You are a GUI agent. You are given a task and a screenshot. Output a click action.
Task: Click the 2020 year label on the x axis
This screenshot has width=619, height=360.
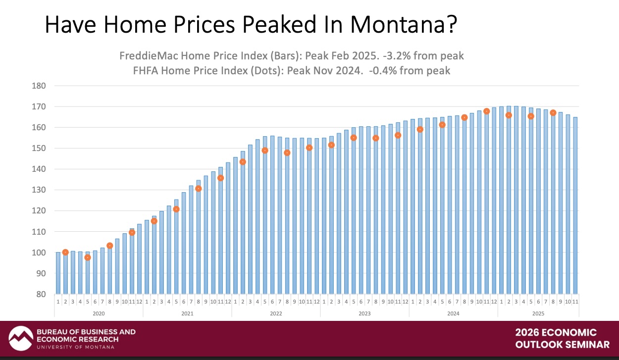click(99, 313)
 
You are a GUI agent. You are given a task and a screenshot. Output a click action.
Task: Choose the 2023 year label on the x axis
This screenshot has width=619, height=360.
click(364, 313)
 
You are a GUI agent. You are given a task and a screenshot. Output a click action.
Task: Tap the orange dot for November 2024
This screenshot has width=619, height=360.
click(487, 111)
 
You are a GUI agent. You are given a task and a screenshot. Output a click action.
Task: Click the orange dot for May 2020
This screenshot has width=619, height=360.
click(88, 257)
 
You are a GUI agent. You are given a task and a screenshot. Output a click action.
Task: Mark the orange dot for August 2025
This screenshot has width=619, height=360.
click(553, 113)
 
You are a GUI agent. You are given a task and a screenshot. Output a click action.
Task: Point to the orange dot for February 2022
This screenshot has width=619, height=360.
click(243, 162)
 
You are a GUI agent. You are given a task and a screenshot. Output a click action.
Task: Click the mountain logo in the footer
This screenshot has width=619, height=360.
click(20, 339)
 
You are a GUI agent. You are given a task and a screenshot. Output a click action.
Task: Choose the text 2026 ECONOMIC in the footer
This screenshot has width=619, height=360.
click(556, 333)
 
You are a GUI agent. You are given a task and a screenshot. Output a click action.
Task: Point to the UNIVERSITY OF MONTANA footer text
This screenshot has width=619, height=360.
click(75, 347)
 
